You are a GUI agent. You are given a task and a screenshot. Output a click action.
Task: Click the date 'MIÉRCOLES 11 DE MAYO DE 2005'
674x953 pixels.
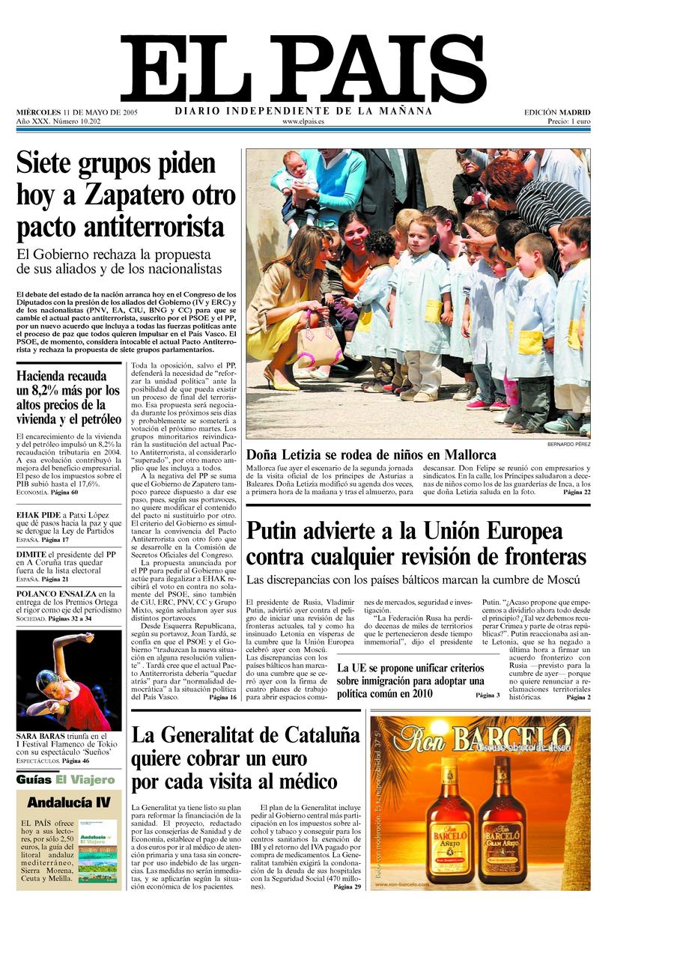click(76, 112)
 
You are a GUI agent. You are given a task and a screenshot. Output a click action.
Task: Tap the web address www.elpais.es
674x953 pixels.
click(303, 121)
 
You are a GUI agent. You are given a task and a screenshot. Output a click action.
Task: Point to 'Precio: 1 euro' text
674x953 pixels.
click(568, 121)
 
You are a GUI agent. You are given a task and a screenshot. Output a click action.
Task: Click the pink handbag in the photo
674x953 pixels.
click(319, 347)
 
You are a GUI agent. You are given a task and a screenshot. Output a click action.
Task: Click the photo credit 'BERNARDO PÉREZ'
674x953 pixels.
click(568, 445)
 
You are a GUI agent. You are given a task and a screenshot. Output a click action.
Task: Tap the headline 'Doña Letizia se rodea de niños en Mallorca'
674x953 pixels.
click(371, 454)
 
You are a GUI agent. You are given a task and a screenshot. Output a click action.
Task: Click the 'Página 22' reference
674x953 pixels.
click(577, 493)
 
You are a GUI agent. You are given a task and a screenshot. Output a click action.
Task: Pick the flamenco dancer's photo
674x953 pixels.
click(68, 681)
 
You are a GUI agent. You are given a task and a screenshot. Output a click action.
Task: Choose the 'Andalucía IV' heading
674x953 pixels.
click(68, 803)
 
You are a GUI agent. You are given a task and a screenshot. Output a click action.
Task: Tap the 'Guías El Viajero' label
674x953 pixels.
click(66, 779)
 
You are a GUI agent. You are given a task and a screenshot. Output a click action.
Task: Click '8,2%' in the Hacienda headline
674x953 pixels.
click(52, 391)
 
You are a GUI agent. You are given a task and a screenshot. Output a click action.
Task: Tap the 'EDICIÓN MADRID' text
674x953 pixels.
click(557, 112)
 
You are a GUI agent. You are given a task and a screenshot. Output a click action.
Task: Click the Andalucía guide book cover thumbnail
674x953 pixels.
click(98, 850)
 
